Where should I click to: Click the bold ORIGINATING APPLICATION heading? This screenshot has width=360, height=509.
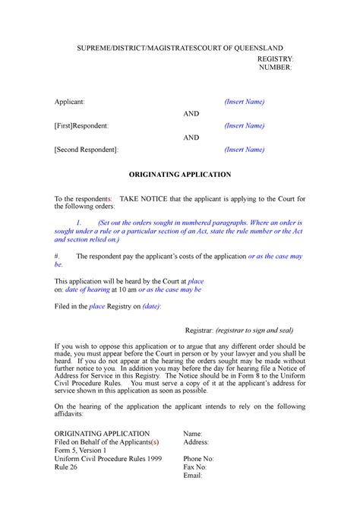point(179,175)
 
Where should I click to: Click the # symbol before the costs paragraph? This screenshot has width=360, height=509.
point(57,257)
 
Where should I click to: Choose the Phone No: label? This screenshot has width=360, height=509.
point(199,459)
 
